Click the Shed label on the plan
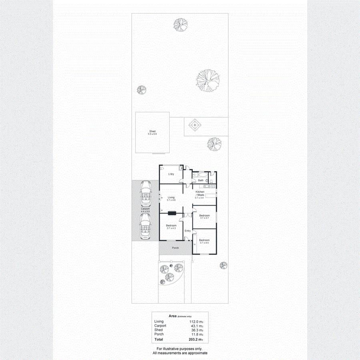click(x=152, y=131)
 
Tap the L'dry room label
click(x=171, y=174)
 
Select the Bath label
click(x=201, y=180)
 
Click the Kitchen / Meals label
click(x=200, y=193)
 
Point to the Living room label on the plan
click(x=171, y=197)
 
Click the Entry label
click(x=188, y=230)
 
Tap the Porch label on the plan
click(x=175, y=248)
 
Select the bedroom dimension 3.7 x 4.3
click(x=171, y=228)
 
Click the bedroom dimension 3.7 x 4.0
click(x=204, y=243)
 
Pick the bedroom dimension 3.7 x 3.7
click(x=204, y=218)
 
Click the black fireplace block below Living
click(x=172, y=213)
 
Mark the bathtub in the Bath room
click(x=199, y=174)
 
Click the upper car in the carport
click(x=145, y=192)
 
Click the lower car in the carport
click(x=145, y=226)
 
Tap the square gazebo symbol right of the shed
click(x=195, y=126)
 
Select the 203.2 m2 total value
click(x=197, y=340)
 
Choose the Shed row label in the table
click(x=158, y=330)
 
